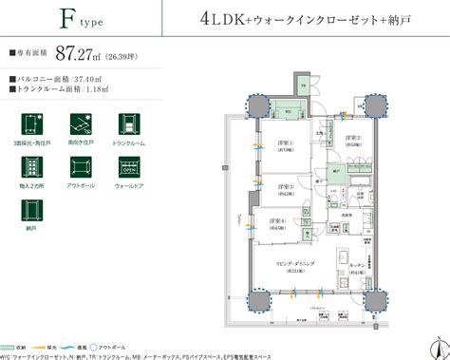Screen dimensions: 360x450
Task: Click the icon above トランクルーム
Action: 129,124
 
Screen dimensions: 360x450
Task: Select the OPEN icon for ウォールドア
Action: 129,171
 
